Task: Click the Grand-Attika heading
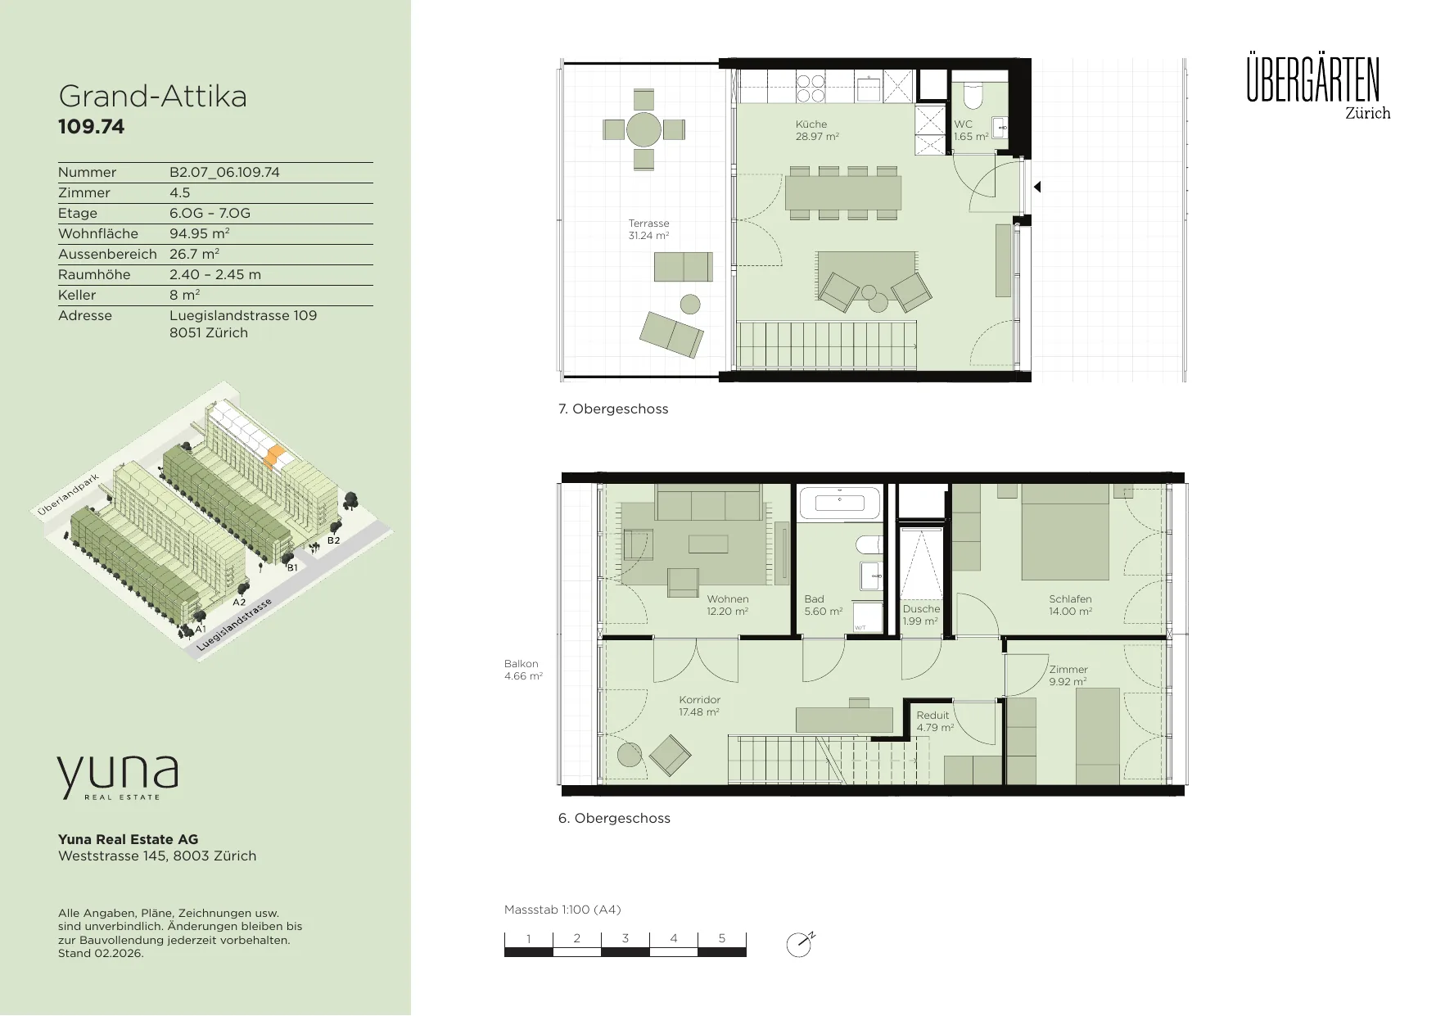tap(153, 97)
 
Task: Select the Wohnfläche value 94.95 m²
tap(199, 233)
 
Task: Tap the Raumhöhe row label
tap(94, 274)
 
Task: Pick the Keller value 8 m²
tap(185, 295)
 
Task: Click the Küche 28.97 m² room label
tap(817, 130)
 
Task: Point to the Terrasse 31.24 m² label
tap(648, 229)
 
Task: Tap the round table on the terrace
tap(643, 129)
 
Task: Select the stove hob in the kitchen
tap(811, 88)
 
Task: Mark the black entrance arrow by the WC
tap(1037, 187)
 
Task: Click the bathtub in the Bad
tap(839, 503)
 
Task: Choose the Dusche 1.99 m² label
tap(921, 615)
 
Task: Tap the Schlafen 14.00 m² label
tap(1070, 605)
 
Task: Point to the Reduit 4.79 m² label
tap(935, 721)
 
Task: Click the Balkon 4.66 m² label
tap(523, 670)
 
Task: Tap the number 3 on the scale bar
tap(625, 938)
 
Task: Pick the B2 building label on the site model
tap(333, 540)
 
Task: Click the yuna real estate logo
tap(117, 777)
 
